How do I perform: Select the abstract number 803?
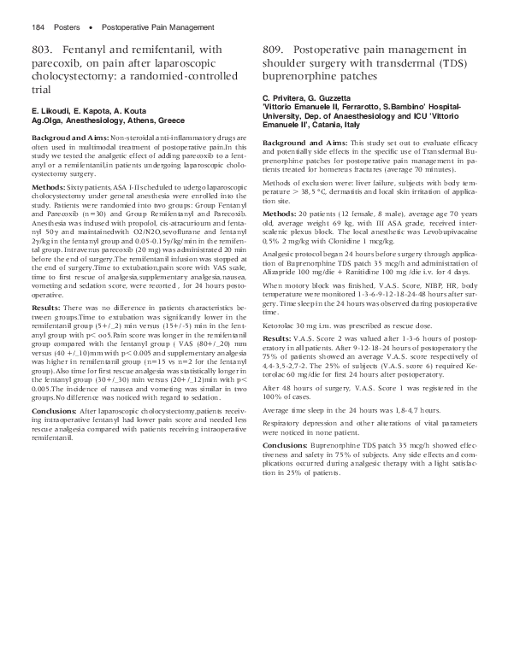pyautogui.click(x=44, y=54)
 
